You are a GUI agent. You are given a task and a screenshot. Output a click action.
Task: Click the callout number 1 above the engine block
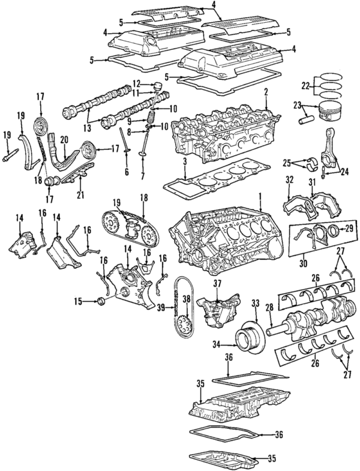[x=260, y=196]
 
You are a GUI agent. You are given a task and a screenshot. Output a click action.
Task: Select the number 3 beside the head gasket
[x=185, y=162]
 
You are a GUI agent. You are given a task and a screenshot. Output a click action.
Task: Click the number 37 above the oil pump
[x=218, y=283]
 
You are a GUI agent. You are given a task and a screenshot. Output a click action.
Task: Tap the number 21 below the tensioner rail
[x=80, y=194]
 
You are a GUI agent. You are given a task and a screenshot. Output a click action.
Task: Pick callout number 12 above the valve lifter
[x=136, y=83]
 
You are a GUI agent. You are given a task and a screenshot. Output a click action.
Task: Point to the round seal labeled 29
[x=331, y=230]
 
